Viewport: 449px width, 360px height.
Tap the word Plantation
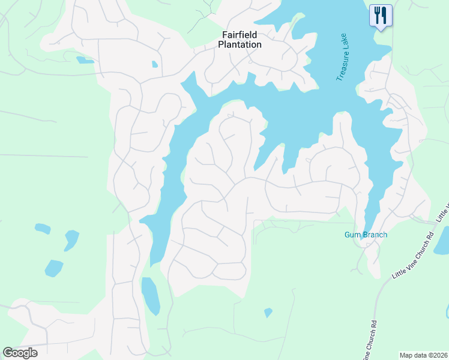point(239,44)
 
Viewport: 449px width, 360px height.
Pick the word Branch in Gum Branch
point(374,235)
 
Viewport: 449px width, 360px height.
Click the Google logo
point(20,353)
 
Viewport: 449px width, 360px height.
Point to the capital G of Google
point(7,353)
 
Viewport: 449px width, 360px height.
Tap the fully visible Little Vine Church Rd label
point(413,256)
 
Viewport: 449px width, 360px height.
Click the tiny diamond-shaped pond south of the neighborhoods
point(268,313)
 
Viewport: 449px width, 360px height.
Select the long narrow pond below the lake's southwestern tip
point(151,296)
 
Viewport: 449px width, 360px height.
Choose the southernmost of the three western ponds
point(53,268)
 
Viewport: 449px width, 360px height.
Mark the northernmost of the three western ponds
point(43,229)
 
